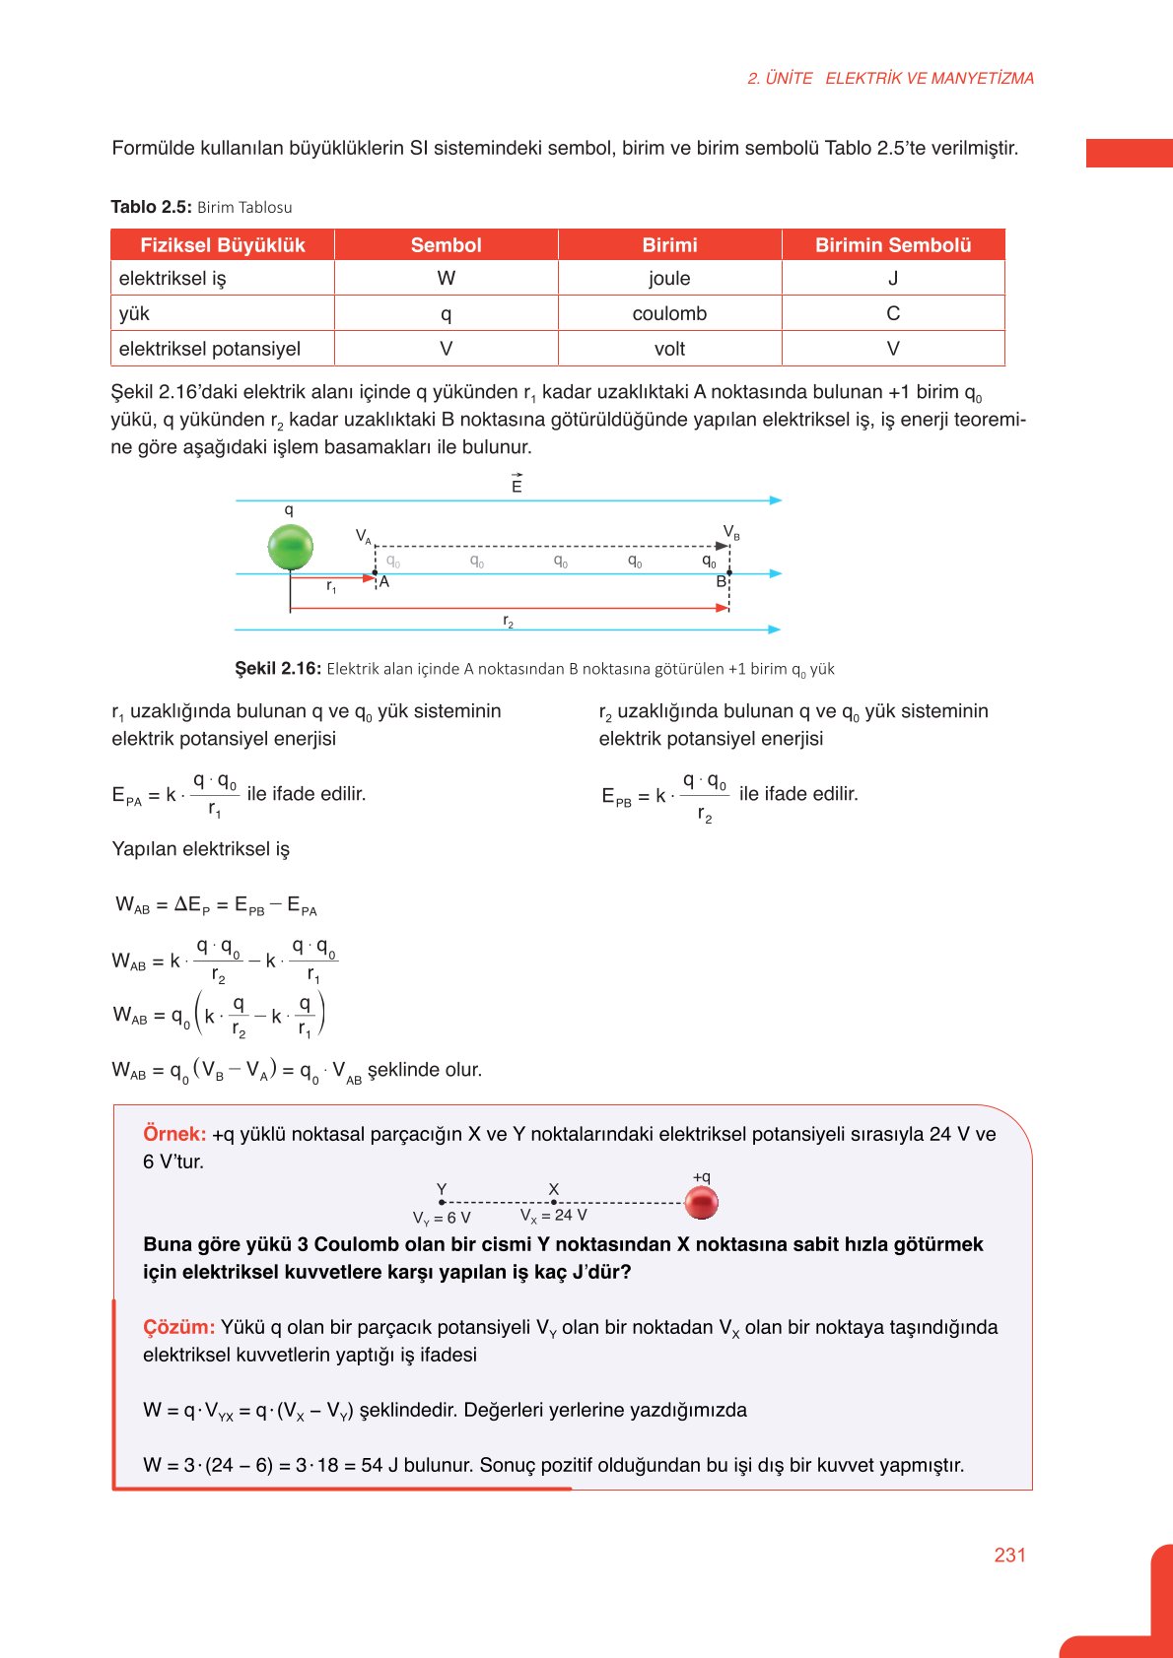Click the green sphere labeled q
291,547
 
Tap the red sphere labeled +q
701,1202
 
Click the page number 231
1009,1555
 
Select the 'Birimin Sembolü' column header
893,245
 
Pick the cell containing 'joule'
669,279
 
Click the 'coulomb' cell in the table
669,313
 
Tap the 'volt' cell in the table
669,349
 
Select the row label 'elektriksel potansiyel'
210,349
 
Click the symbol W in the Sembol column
446,279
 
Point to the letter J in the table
893,279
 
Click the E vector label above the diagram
517,485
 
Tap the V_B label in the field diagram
730,532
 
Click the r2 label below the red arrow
508,622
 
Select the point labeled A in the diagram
384,582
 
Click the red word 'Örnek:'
174,1134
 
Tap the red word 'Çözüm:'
178,1327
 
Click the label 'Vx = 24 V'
553,1216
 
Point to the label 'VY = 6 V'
441,1219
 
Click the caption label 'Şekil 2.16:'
278,668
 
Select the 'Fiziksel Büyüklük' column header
223,245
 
